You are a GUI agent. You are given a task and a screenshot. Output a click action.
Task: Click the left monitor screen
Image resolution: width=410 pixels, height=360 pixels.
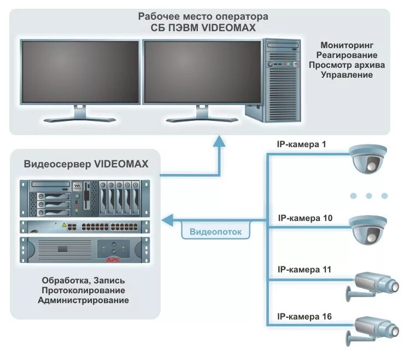coord(80,71)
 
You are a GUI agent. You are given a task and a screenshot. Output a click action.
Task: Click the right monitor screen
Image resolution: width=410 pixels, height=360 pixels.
coord(202,71)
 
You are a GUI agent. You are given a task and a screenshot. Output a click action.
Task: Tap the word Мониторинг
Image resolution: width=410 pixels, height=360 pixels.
coord(347,45)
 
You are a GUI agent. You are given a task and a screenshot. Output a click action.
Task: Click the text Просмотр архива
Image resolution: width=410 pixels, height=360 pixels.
coord(347,65)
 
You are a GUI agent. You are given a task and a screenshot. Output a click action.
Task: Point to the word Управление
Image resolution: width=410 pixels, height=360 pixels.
coord(347,74)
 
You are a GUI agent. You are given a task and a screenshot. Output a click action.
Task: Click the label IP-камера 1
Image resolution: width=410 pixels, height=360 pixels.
coord(302,144)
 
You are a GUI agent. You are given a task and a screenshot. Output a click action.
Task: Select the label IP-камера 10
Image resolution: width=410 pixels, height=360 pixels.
coord(304,218)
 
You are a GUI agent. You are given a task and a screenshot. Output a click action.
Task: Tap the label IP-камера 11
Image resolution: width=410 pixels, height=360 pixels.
coord(304,269)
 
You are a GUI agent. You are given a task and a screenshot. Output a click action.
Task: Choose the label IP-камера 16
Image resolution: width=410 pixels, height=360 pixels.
coord(304,316)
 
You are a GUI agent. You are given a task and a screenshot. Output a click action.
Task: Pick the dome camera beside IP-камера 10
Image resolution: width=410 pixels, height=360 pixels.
coord(368,229)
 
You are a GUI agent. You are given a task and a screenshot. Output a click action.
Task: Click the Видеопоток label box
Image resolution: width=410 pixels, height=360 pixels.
coord(215,231)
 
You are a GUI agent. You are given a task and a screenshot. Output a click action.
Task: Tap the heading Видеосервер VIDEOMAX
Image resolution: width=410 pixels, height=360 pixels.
coord(86,164)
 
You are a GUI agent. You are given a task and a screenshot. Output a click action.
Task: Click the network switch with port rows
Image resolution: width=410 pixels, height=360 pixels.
coord(85,226)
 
